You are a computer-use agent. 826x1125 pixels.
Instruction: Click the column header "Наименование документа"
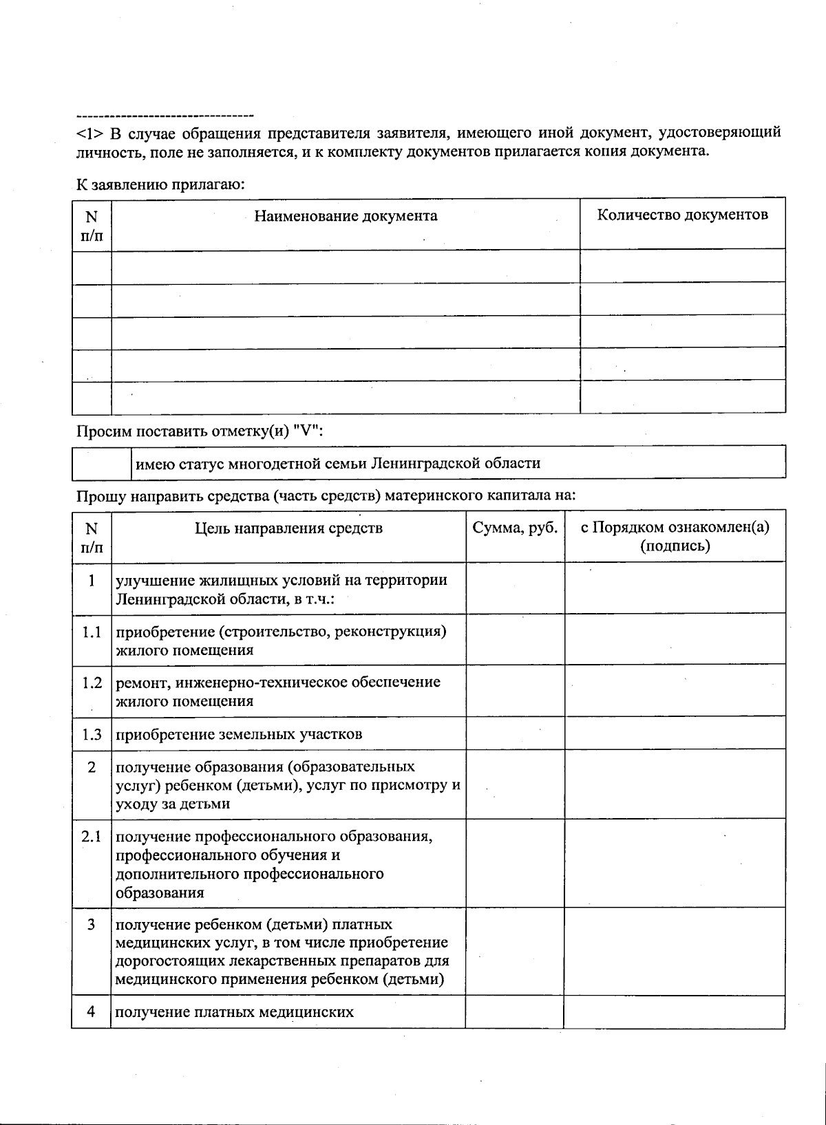346,216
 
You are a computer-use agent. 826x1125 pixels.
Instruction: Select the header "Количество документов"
682,215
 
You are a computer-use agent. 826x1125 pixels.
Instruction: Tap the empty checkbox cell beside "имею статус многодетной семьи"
101,462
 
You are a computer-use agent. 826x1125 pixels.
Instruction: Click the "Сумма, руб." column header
515,528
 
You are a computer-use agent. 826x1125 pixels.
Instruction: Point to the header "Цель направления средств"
288,528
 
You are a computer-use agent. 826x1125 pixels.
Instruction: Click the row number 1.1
92,632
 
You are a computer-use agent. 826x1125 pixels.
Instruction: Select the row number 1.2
92,683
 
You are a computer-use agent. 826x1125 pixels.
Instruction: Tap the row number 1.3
92,734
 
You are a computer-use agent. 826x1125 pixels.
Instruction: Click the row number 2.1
92,837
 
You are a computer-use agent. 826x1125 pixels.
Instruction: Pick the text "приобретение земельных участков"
239,734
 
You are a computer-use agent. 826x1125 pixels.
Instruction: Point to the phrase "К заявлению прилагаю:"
160,184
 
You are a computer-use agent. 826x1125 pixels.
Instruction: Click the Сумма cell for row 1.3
515,733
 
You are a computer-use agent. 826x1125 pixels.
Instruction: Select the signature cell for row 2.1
675,863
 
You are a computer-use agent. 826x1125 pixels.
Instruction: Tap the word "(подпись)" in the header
675,546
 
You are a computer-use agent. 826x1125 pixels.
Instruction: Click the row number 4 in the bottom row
91,1012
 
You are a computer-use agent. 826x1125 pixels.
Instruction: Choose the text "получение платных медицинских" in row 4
235,1012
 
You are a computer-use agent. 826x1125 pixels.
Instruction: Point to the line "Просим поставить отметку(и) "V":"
199,431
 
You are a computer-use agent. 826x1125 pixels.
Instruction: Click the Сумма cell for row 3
515,952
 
